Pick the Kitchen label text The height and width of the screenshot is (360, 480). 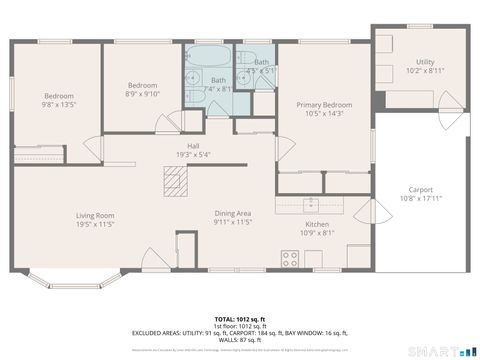(x=315, y=226)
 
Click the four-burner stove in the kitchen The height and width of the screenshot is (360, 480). (x=291, y=258)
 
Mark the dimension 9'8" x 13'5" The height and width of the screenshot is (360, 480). (x=59, y=104)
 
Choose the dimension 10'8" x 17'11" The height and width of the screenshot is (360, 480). (x=421, y=199)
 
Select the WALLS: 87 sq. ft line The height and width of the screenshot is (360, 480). (x=239, y=338)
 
